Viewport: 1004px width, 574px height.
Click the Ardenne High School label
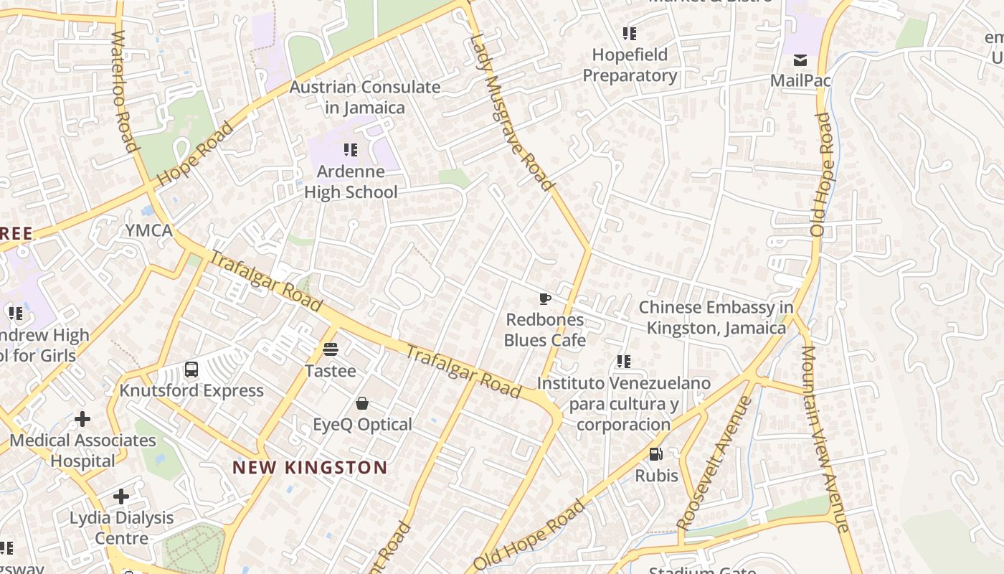[x=351, y=182]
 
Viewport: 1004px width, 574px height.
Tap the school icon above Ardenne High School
[x=351, y=150]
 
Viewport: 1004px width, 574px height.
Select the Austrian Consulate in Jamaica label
[x=365, y=97]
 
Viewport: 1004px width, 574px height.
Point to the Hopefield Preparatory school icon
[x=630, y=34]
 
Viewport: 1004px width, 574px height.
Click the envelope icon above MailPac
[x=800, y=60]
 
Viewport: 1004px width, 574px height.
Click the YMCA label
[x=149, y=230]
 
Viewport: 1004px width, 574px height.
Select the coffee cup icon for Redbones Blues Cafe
[x=545, y=298]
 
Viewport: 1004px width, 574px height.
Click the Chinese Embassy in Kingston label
[x=716, y=317]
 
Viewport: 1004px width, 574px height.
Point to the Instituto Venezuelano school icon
[x=624, y=362]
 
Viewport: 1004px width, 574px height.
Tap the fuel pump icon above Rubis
[x=656, y=453]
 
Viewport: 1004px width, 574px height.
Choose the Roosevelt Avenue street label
[x=715, y=463]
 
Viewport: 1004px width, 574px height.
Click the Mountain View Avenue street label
[x=823, y=438]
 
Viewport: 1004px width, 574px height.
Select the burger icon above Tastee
[x=331, y=349]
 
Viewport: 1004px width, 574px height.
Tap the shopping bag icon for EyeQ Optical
[x=362, y=403]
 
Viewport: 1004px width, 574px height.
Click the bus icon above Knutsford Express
[x=191, y=370]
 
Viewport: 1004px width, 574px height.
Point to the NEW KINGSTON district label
[x=310, y=468]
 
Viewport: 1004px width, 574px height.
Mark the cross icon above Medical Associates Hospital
[x=82, y=418]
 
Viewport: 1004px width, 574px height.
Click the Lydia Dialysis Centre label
[x=121, y=527]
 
